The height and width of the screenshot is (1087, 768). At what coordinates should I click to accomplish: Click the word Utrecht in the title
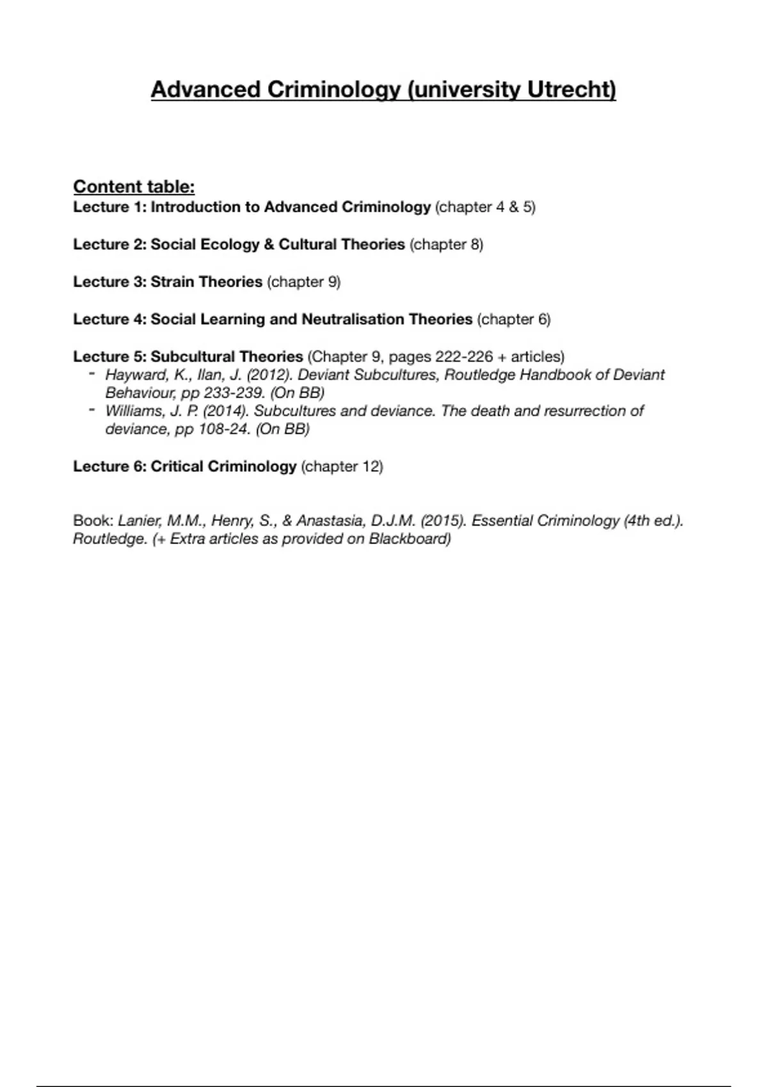572,90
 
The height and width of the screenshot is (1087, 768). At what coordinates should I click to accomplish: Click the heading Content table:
134,187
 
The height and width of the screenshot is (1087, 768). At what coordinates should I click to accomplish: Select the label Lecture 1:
109,207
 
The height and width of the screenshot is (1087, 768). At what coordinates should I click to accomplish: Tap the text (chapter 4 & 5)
485,207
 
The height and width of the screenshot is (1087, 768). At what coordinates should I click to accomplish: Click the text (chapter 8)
446,244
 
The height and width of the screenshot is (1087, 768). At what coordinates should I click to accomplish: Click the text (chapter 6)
514,319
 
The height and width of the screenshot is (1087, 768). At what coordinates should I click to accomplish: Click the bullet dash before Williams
93,410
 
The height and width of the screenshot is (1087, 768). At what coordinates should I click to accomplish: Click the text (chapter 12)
342,467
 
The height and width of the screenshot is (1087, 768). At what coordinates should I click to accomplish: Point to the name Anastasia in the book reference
328,521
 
